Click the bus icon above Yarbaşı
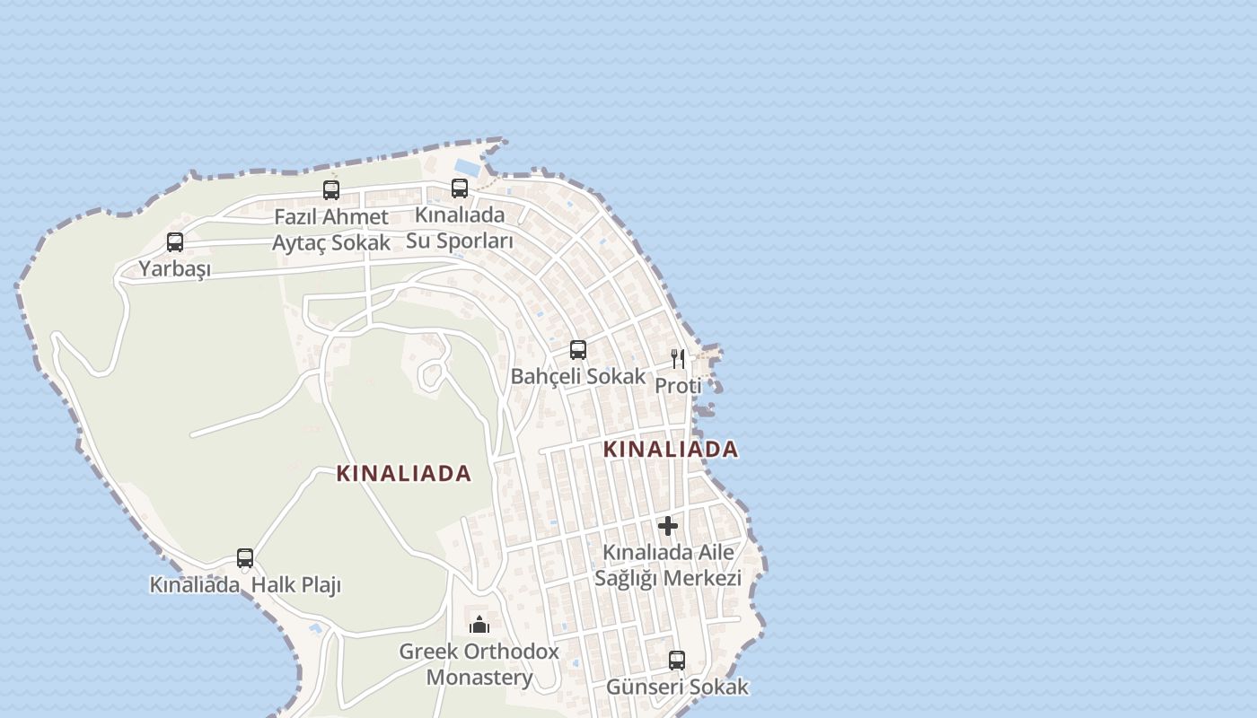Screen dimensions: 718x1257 tap(175, 242)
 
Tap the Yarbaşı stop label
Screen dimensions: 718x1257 tap(174, 269)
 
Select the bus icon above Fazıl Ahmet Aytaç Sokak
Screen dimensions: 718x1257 tap(331, 190)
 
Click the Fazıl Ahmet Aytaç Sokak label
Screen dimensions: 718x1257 tap(331, 230)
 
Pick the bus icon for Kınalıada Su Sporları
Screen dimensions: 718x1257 tap(460, 188)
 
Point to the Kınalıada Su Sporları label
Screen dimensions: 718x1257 tap(460, 228)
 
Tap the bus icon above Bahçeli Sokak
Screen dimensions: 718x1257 tap(578, 350)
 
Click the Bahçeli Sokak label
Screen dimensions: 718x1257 tap(578, 376)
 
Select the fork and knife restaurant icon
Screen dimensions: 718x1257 tap(678, 359)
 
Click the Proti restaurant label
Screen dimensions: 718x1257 tap(678, 386)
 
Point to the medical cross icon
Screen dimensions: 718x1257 tap(668, 526)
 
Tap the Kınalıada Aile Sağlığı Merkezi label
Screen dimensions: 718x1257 tap(668, 565)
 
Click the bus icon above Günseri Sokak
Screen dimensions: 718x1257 tap(677, 661)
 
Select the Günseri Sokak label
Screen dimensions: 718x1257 tap(677, 687)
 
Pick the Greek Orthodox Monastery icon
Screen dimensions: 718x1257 tap(479, 625)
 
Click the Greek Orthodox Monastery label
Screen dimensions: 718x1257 tap(479, 664)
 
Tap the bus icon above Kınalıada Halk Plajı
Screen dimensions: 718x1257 tap(245, 558)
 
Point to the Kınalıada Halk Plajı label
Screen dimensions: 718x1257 tap(245, 585)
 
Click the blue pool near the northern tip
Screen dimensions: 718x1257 tap(467, 167)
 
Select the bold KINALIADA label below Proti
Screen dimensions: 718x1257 tap(671, 449)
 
